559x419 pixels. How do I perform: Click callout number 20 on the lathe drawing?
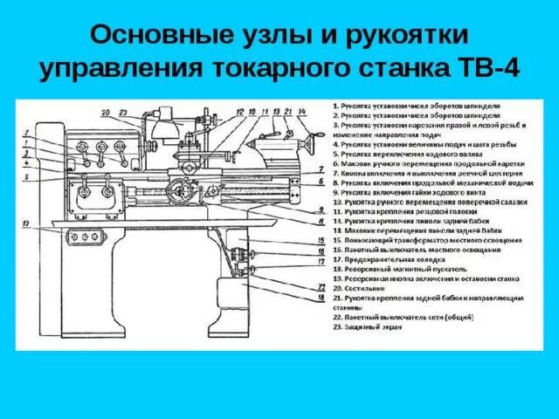(x=106, y=113)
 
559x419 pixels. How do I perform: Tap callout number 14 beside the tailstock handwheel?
(x=302, y=113)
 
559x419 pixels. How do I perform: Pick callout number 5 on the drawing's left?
(x=27, y=176)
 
